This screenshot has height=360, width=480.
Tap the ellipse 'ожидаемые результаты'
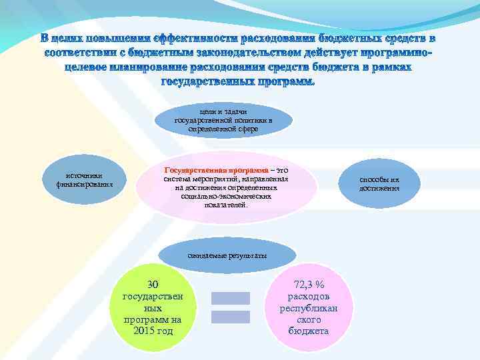point(227,255)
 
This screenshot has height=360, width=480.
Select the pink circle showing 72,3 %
point(309,307)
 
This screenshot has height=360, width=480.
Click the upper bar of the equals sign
point(231,298)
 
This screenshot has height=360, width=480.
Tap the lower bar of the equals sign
point(231,317)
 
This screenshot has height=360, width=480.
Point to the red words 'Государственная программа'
point(203,171)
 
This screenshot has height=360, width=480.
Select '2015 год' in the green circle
point(153,331)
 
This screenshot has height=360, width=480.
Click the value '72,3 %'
point(309,285)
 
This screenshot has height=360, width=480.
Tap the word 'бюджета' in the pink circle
point(309,331)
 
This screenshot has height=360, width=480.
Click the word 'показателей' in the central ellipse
point(227,205)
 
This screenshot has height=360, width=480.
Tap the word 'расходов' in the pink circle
point(309,296)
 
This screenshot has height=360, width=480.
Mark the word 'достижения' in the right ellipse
point(379,189)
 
